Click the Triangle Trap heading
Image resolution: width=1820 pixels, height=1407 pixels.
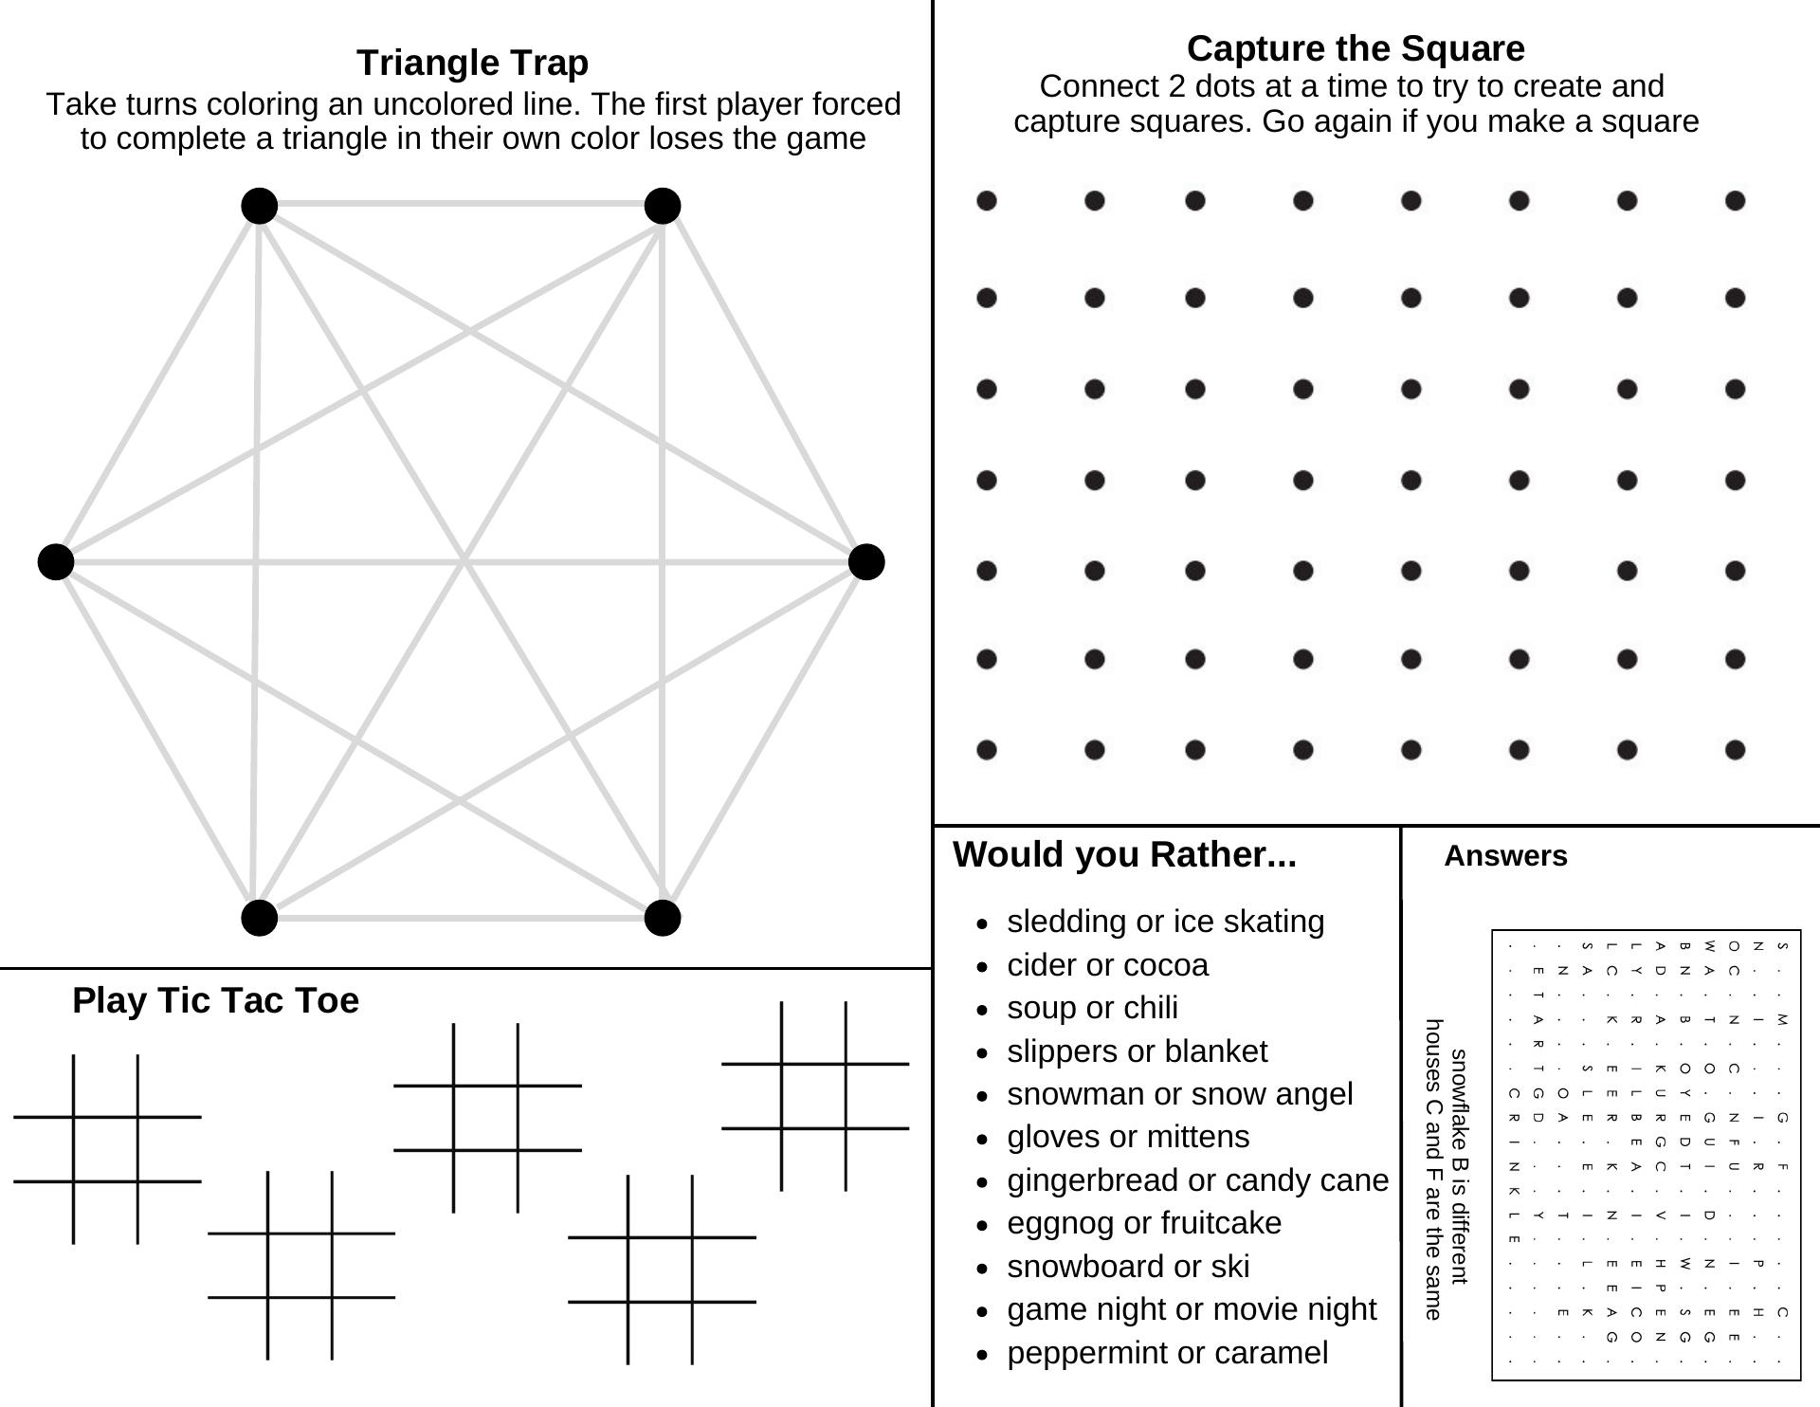472,63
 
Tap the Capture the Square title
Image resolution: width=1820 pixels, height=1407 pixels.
1356,48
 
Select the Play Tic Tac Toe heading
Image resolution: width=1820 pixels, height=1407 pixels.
215,1000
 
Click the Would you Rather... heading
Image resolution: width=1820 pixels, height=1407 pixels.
1124,854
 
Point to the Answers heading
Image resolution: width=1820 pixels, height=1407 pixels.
1505,856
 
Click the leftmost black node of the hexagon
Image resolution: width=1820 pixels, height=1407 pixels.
56,561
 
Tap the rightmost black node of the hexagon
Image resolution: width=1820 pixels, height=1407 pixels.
866,561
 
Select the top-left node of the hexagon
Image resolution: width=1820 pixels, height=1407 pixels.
260,205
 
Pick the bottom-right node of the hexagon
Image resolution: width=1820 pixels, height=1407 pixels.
662,918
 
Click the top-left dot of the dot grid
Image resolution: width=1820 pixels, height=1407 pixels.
987,200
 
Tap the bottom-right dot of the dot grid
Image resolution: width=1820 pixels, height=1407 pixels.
1735,750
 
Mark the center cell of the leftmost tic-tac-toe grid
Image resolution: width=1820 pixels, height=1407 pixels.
106,1149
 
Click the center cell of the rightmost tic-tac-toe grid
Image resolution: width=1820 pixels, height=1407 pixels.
813,1096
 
